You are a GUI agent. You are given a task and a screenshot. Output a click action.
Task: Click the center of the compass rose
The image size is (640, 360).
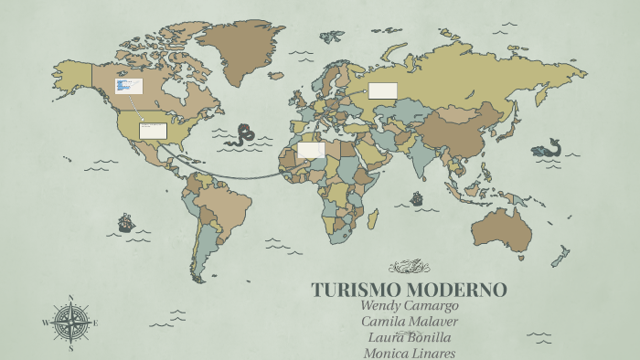tap(70, 323)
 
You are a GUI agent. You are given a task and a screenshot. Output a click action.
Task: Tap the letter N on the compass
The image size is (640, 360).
tap(70, 297)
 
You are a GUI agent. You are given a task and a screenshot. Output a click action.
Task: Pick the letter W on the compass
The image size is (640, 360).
tap(46, 323)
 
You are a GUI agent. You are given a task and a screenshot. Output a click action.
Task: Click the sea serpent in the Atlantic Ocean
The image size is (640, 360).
tap(244, 135)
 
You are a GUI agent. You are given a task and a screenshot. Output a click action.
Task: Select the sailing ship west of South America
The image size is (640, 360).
tap(125, 222)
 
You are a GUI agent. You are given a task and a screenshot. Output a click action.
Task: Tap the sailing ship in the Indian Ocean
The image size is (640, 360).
tap(417, 197)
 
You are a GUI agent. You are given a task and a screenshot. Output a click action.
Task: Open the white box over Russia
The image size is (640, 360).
tap(382, 90)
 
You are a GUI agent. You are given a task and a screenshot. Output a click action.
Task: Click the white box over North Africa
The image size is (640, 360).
tap(311, 149)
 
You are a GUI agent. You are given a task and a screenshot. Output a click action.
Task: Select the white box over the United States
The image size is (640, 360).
tap(153, 131)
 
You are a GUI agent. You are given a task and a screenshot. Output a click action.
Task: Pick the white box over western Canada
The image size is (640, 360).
tap(129, 86)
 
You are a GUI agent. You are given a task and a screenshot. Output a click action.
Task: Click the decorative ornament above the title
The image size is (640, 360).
tap(409, 267)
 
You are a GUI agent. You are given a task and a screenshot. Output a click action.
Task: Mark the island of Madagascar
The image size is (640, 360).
tap(372, 218)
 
